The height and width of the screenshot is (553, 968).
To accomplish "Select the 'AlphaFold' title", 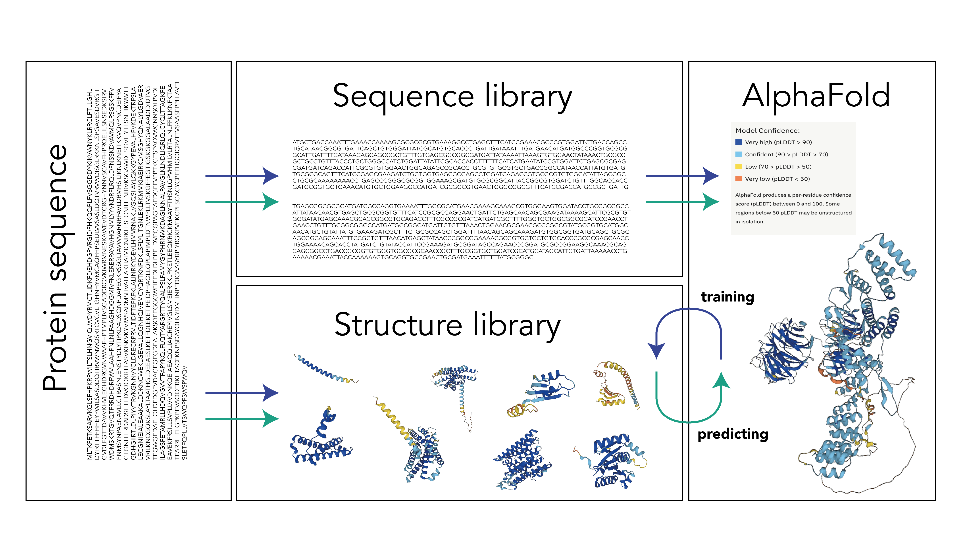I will (x=816, y=96).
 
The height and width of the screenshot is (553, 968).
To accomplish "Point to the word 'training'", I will (x=727, y=297).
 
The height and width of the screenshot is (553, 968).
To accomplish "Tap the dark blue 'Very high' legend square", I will (x=739, y=142).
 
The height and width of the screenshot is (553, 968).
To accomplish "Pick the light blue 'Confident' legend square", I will (x=739, y=154).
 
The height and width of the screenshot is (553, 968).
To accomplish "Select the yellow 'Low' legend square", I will (x=739, y=166).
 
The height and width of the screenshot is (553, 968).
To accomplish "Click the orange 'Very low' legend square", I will (x=739, y=179).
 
